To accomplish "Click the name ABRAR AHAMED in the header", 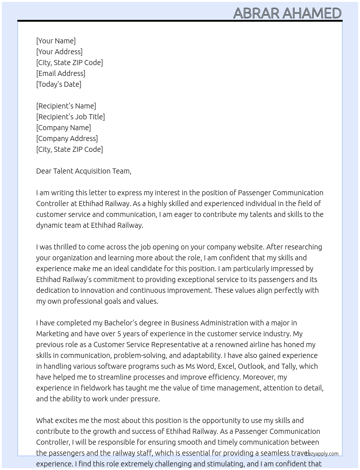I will [x=287, y=13].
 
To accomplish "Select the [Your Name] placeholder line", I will [x=56, y=41].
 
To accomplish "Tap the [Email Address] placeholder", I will [x=61, y=73].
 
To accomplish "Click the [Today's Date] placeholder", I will [x=59, y=84].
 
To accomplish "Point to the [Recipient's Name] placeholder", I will [x=66, y=106].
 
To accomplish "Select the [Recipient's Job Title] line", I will [x=70, y=117].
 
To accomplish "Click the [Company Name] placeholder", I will [x=64, y=128].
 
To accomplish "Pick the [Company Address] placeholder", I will [x=67, y=138].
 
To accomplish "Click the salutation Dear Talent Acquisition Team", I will [x=83, y=171].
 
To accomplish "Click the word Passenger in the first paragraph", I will [x=254, y=193].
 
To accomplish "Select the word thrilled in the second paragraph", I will [x=65, y=247].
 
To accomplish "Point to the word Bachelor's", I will [x=122, y=323].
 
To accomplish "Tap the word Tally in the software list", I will [x=288, y=366].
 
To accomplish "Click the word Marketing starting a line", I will [x=52, y=334].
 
